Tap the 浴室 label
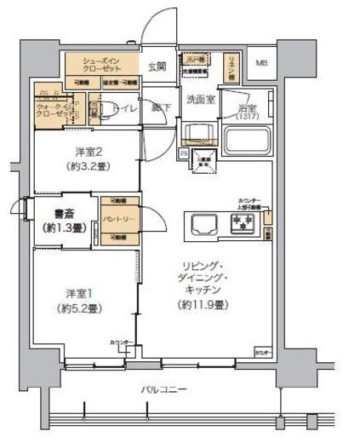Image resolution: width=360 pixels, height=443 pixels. pyautogui.click(x=248, y=108)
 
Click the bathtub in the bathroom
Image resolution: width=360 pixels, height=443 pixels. pyautogui.click(x=248, y=139)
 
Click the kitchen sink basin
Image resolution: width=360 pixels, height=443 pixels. pyautogui.click(x=204, y=227)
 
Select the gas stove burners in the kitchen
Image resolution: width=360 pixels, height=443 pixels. pyautogui.click(x=243, y=226)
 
